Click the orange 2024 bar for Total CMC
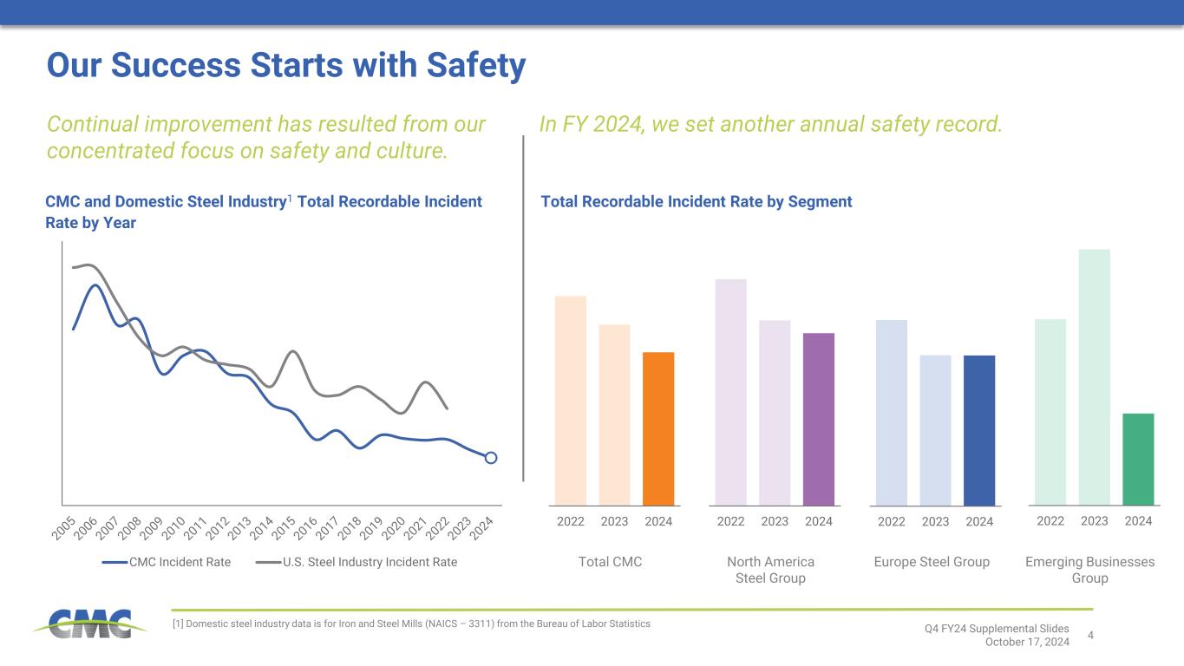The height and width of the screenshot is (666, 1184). pos(658,428)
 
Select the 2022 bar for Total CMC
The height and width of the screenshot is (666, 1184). pos(571,400)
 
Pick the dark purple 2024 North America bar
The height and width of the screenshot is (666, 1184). pos(819,419)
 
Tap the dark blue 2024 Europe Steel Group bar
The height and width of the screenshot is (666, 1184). pos(979,430)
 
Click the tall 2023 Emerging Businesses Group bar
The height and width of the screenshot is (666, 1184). pos(1095,376)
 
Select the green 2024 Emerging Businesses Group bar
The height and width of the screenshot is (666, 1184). pos(1138,459)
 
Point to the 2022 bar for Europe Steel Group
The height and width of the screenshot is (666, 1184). pos(892,412)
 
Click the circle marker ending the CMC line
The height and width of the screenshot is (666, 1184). pos(491,458)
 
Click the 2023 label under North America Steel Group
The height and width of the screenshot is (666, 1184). pos(775,521)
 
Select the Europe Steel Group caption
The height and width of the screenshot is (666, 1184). pos(932,562)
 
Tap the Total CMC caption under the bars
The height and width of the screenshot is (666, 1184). pos(610,562)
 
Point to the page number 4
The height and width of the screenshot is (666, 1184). pos(1090,635)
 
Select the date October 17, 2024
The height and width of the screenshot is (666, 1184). pos(1027,642)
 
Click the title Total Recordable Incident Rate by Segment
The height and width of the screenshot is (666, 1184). pos(697,202)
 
